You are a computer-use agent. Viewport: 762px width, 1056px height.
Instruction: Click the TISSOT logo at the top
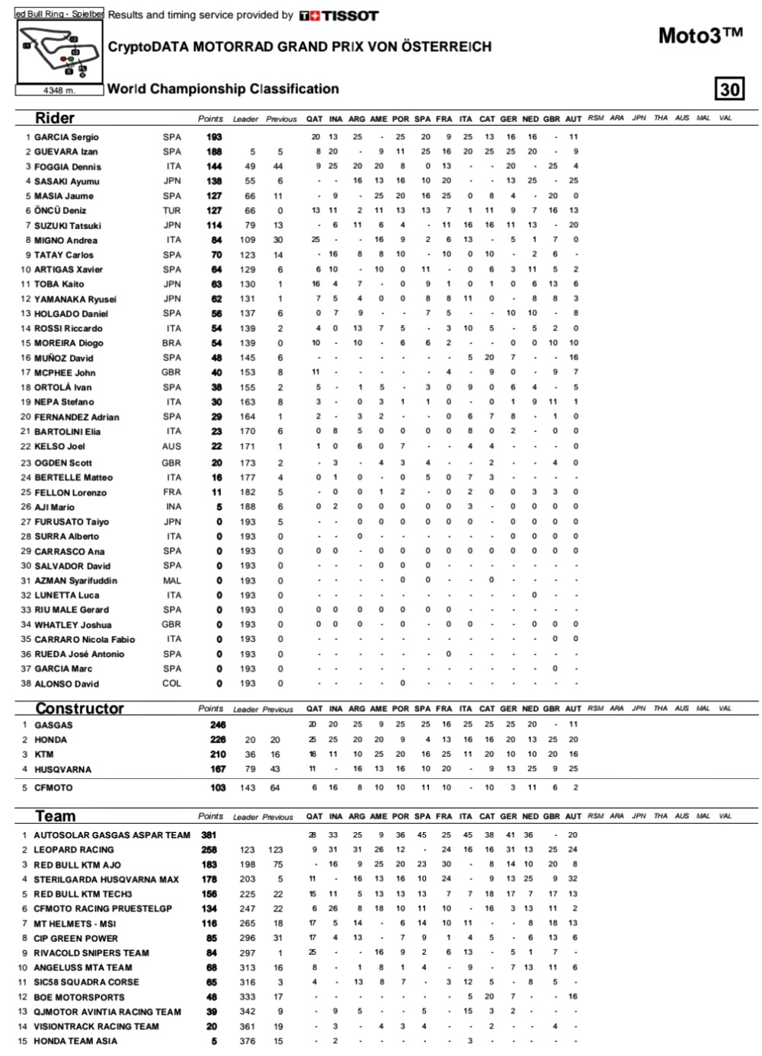pos(338,15)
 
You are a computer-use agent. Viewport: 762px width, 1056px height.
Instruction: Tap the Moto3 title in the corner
pos(700,35)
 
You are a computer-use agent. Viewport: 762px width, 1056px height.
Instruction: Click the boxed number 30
pos(729,89)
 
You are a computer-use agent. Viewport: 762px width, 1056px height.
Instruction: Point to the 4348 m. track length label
pos(59,90)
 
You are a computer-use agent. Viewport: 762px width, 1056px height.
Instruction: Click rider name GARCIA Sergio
pos(66,137)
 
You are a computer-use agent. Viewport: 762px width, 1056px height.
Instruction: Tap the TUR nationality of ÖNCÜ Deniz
pos(171,211)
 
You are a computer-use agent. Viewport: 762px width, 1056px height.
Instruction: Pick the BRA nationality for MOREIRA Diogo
pos(171,343)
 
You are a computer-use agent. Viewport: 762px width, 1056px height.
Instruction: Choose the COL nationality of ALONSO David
pos(171,684)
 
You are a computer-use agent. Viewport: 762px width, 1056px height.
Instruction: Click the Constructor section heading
pos(79,709)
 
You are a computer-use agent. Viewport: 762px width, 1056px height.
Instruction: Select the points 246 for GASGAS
pos(218,725)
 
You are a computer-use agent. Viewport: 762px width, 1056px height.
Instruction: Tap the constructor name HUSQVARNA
pos(62,770)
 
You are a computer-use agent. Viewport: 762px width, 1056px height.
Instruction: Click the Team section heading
pos(56,816)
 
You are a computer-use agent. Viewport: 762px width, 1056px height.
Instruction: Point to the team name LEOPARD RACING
pos(73,850)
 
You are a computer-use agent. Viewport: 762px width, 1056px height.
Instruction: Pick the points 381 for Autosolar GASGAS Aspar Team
pos(209,835)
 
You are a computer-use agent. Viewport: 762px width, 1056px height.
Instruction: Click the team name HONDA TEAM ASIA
pos(75,1041)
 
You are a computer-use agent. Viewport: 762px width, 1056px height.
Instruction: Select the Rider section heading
pos(55,118)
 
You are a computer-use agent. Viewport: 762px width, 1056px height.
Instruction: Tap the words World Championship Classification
pos(223,89)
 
